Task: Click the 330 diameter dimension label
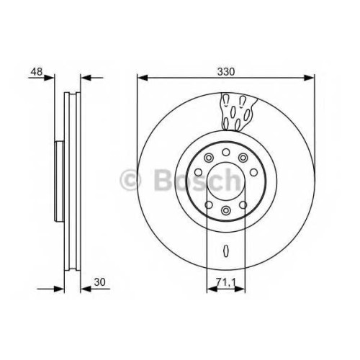point(226,71)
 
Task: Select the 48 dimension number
point(37,71)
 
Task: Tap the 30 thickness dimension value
point(99,282)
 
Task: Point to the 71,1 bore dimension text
point(225,282)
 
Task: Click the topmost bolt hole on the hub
point(226,152)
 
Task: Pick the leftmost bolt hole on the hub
point(198,172)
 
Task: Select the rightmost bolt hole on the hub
point(253,172)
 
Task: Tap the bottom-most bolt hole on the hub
point(225,210)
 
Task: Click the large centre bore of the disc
point(226,181)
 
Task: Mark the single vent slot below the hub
point(226,251)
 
